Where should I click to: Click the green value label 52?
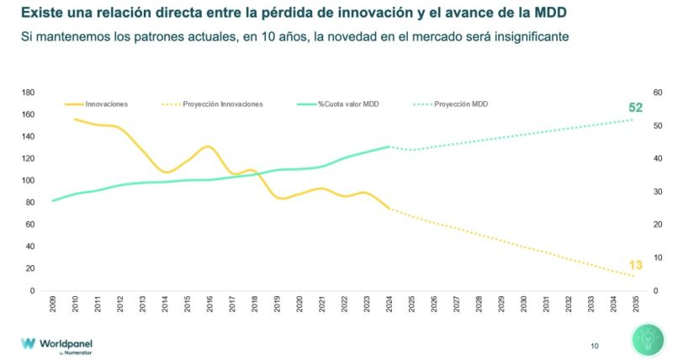636,107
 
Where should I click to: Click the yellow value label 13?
636,265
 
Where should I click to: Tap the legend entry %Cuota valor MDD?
348,103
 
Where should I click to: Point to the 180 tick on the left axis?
28,93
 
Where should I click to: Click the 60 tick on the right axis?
658,93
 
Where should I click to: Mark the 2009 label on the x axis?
52,305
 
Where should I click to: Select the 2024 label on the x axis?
389,305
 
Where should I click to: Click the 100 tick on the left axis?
28,181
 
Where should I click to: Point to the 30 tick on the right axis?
658,192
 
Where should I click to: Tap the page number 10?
595,345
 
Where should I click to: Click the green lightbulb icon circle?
649,342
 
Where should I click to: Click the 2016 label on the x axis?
209,305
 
